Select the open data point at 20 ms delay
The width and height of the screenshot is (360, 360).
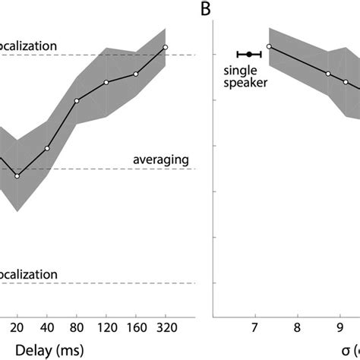pos(17,176)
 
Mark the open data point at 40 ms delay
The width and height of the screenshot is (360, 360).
pos(47,148)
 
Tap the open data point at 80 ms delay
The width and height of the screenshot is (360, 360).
pos(77,101)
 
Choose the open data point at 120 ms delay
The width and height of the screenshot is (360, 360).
pos(106,82)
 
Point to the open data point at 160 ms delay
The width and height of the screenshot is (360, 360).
pos(136,74)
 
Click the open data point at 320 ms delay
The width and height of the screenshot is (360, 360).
pos(166,47)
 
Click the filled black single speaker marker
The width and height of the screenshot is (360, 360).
pos(249,55)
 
